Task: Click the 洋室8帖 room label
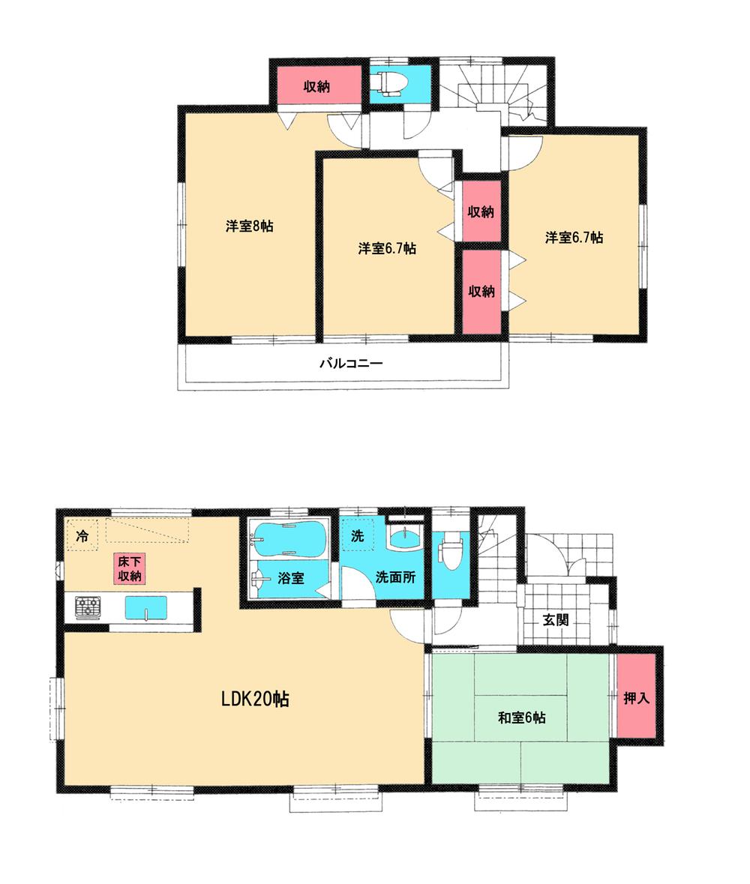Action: [249, 226]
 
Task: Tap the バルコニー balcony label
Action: [351, 364]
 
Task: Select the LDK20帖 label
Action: [256, 700]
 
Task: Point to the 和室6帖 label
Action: [522, 718]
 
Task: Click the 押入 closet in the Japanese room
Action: [637, 697]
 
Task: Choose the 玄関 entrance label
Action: [556, 619]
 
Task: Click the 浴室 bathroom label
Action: [289, 579]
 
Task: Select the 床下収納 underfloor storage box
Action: [129, 568]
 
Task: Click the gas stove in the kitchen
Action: [88, 607]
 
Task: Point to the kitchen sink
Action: [146, 607]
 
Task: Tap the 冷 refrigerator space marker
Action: [82, 537]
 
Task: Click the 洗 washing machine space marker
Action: [358, 537]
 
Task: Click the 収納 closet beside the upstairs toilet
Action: [316, 86]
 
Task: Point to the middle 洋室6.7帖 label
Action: [387, 248]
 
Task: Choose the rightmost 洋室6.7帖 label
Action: [574, 238]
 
